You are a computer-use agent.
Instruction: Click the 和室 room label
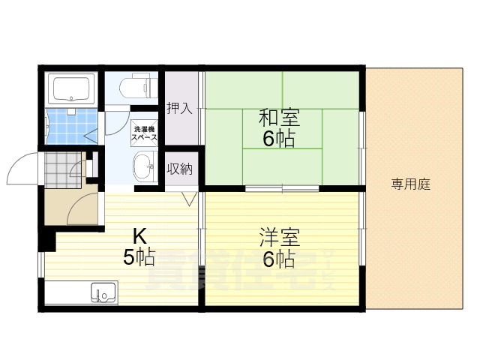coord(279,118)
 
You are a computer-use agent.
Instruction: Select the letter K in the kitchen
coord(139,234)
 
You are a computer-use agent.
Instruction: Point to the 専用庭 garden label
coord(411,184)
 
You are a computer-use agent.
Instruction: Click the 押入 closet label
coord(179,108)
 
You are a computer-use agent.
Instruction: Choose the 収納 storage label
coord(179,169)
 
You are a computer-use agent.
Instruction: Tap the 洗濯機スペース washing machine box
coord(145,133)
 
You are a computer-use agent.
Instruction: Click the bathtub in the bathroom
coord(71,90)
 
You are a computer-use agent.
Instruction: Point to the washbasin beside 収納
coord(143,167)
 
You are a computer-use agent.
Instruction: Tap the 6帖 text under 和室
coord(279,139)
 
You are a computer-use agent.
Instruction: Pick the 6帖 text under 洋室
coord(279,260)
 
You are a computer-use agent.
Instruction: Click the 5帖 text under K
coord(139,257)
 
